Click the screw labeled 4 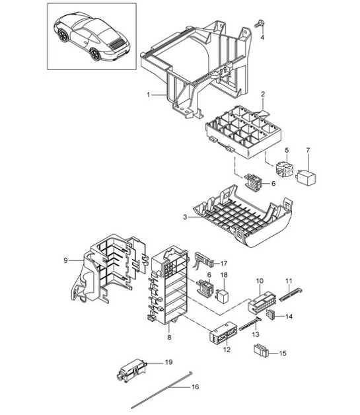(x=259, y=24)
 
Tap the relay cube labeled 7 (x=306, y=176)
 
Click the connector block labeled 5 (x=285, y=169)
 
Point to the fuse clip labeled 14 (x=271, y=315)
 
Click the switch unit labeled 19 (x=131, y=371)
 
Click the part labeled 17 (x=204, y=260)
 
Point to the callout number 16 (x=196, y=387)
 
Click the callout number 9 (x=65, y=260)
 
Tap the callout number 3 (x=185, y=217)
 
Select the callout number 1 (x=149, y=94)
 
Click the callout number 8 (x=169, y=337)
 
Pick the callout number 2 (x=263, y=94)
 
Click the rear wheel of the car (x=94, y=54)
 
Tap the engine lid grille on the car (x=117, y=44)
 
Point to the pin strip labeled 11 (x=291, y=295)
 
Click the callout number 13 (x=256, y=335)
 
